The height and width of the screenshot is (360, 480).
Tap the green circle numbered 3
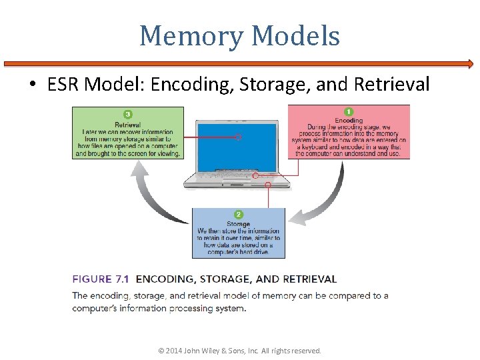pyautogui.click(x=127, y=114)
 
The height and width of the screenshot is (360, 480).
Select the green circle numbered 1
pyautogui.click(x=349, y=111)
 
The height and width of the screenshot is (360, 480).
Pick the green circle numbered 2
pyautogui.click(x=238, y=215)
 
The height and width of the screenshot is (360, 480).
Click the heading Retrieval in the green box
pyautogui.click(x=127, y=124)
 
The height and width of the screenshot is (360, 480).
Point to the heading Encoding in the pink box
pyautogui.click(x=349, y=121)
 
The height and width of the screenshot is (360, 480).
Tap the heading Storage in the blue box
pyautogui.click(x=238, y=224)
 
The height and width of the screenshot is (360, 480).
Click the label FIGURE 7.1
pyautogui.click(x=101, y=279)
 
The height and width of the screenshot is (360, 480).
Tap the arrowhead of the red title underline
pyautogui.click(x=469, y=65)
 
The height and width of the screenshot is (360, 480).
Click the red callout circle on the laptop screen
pyautogui.click(x=238, y=137)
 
